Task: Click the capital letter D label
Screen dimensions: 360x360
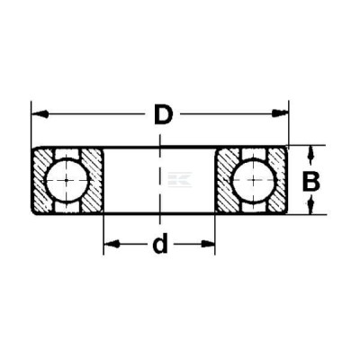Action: point(164,114)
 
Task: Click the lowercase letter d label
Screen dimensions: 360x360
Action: point(160,244)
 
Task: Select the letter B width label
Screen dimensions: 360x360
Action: point(311,182)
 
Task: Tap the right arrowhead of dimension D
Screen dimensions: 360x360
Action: point(280,113)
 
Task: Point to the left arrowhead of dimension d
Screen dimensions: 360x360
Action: point(112,244)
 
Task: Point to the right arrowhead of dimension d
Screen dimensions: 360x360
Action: point(208,244)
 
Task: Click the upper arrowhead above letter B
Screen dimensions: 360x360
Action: point(311,153)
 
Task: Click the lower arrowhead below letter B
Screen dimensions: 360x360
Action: point(311,206)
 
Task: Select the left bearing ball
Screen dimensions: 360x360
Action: point(67,180)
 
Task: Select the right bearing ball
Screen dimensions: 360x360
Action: point(254,180)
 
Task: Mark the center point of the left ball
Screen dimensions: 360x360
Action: point(67,180)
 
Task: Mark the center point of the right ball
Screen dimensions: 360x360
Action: point(254,180)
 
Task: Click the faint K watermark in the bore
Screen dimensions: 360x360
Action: point(180,180)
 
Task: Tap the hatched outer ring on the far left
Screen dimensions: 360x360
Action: point(42,180)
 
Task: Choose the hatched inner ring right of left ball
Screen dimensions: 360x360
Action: point(93,180)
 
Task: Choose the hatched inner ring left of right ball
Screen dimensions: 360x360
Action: point(227,179)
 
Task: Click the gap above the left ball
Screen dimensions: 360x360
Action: point(68,154)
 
